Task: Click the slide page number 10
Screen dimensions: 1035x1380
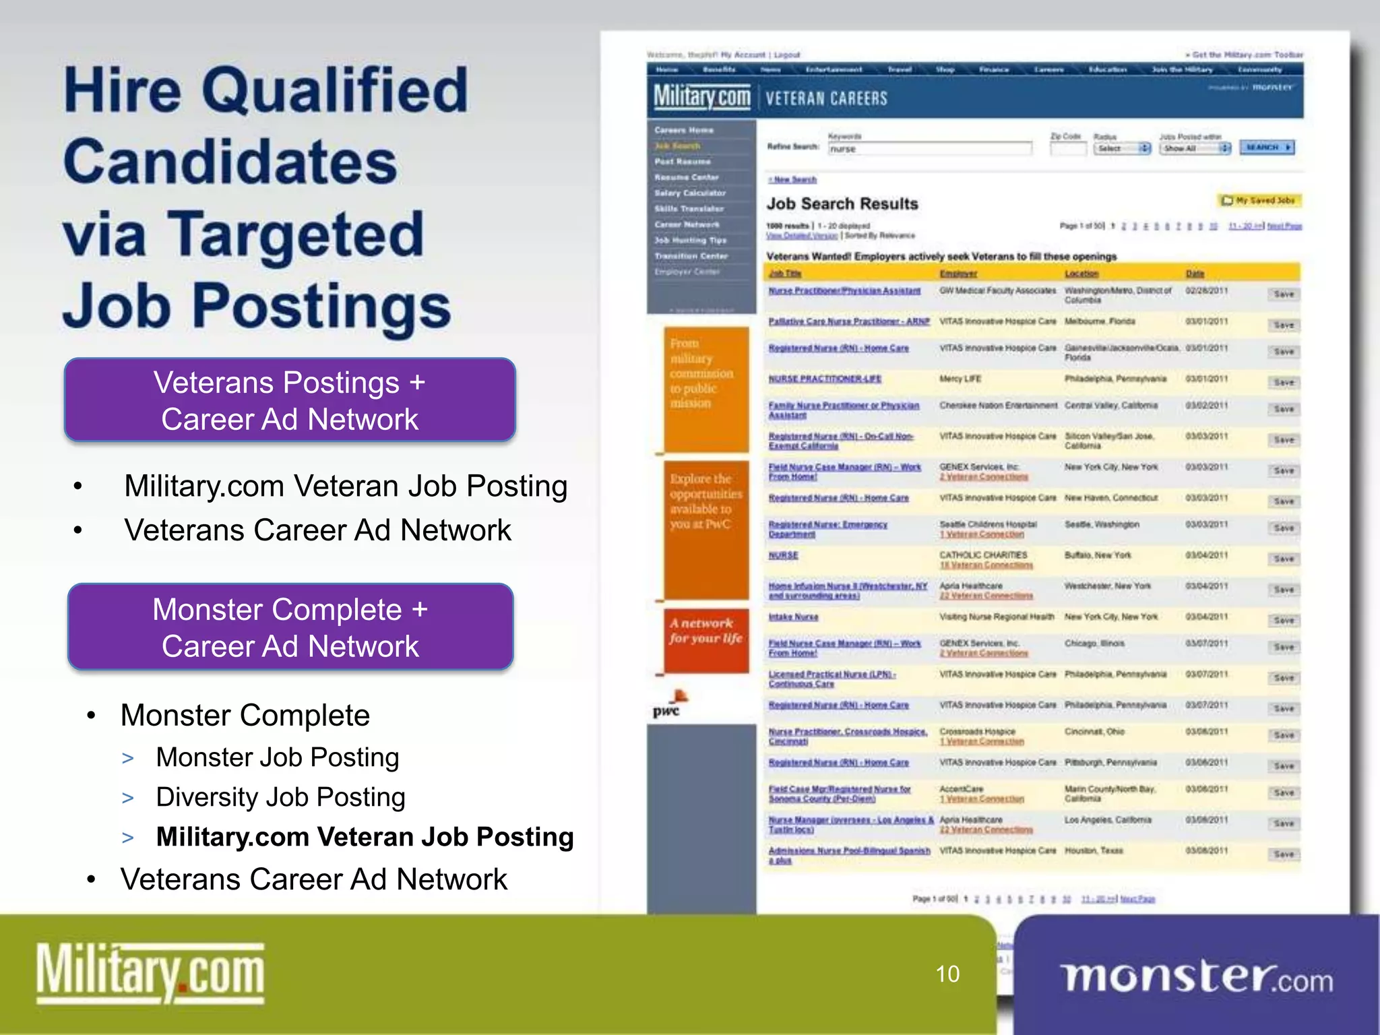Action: coord(947,974)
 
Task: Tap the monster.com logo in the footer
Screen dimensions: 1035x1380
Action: coord(1197,978)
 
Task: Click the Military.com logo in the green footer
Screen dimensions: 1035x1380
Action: coord(150,973)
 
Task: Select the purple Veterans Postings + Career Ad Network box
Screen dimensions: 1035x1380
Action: coord(290,400)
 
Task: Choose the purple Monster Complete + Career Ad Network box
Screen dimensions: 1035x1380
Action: coord(290,627)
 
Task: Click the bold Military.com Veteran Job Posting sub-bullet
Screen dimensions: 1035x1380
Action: coord(365,837)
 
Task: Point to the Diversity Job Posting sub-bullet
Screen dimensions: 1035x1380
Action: coord(280,797)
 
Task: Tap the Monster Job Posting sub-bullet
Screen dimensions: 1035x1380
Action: coord(278,757)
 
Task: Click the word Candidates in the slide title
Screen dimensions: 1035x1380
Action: coord(230,162)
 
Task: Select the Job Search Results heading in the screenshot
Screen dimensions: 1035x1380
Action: coord(842,203)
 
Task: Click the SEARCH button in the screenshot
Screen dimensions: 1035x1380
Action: coord(1267,148)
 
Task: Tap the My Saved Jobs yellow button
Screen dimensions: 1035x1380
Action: coord(1259,201)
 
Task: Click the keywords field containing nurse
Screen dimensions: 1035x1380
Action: coord(930,149)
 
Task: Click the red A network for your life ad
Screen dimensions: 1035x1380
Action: coord(705,640)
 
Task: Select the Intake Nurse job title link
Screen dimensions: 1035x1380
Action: coord(794,617)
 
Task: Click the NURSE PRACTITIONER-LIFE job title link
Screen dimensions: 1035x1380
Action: coord(825,379)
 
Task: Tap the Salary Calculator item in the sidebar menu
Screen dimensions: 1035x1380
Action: coord(689,193)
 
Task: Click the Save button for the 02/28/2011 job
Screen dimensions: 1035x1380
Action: coord(1284,294)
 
